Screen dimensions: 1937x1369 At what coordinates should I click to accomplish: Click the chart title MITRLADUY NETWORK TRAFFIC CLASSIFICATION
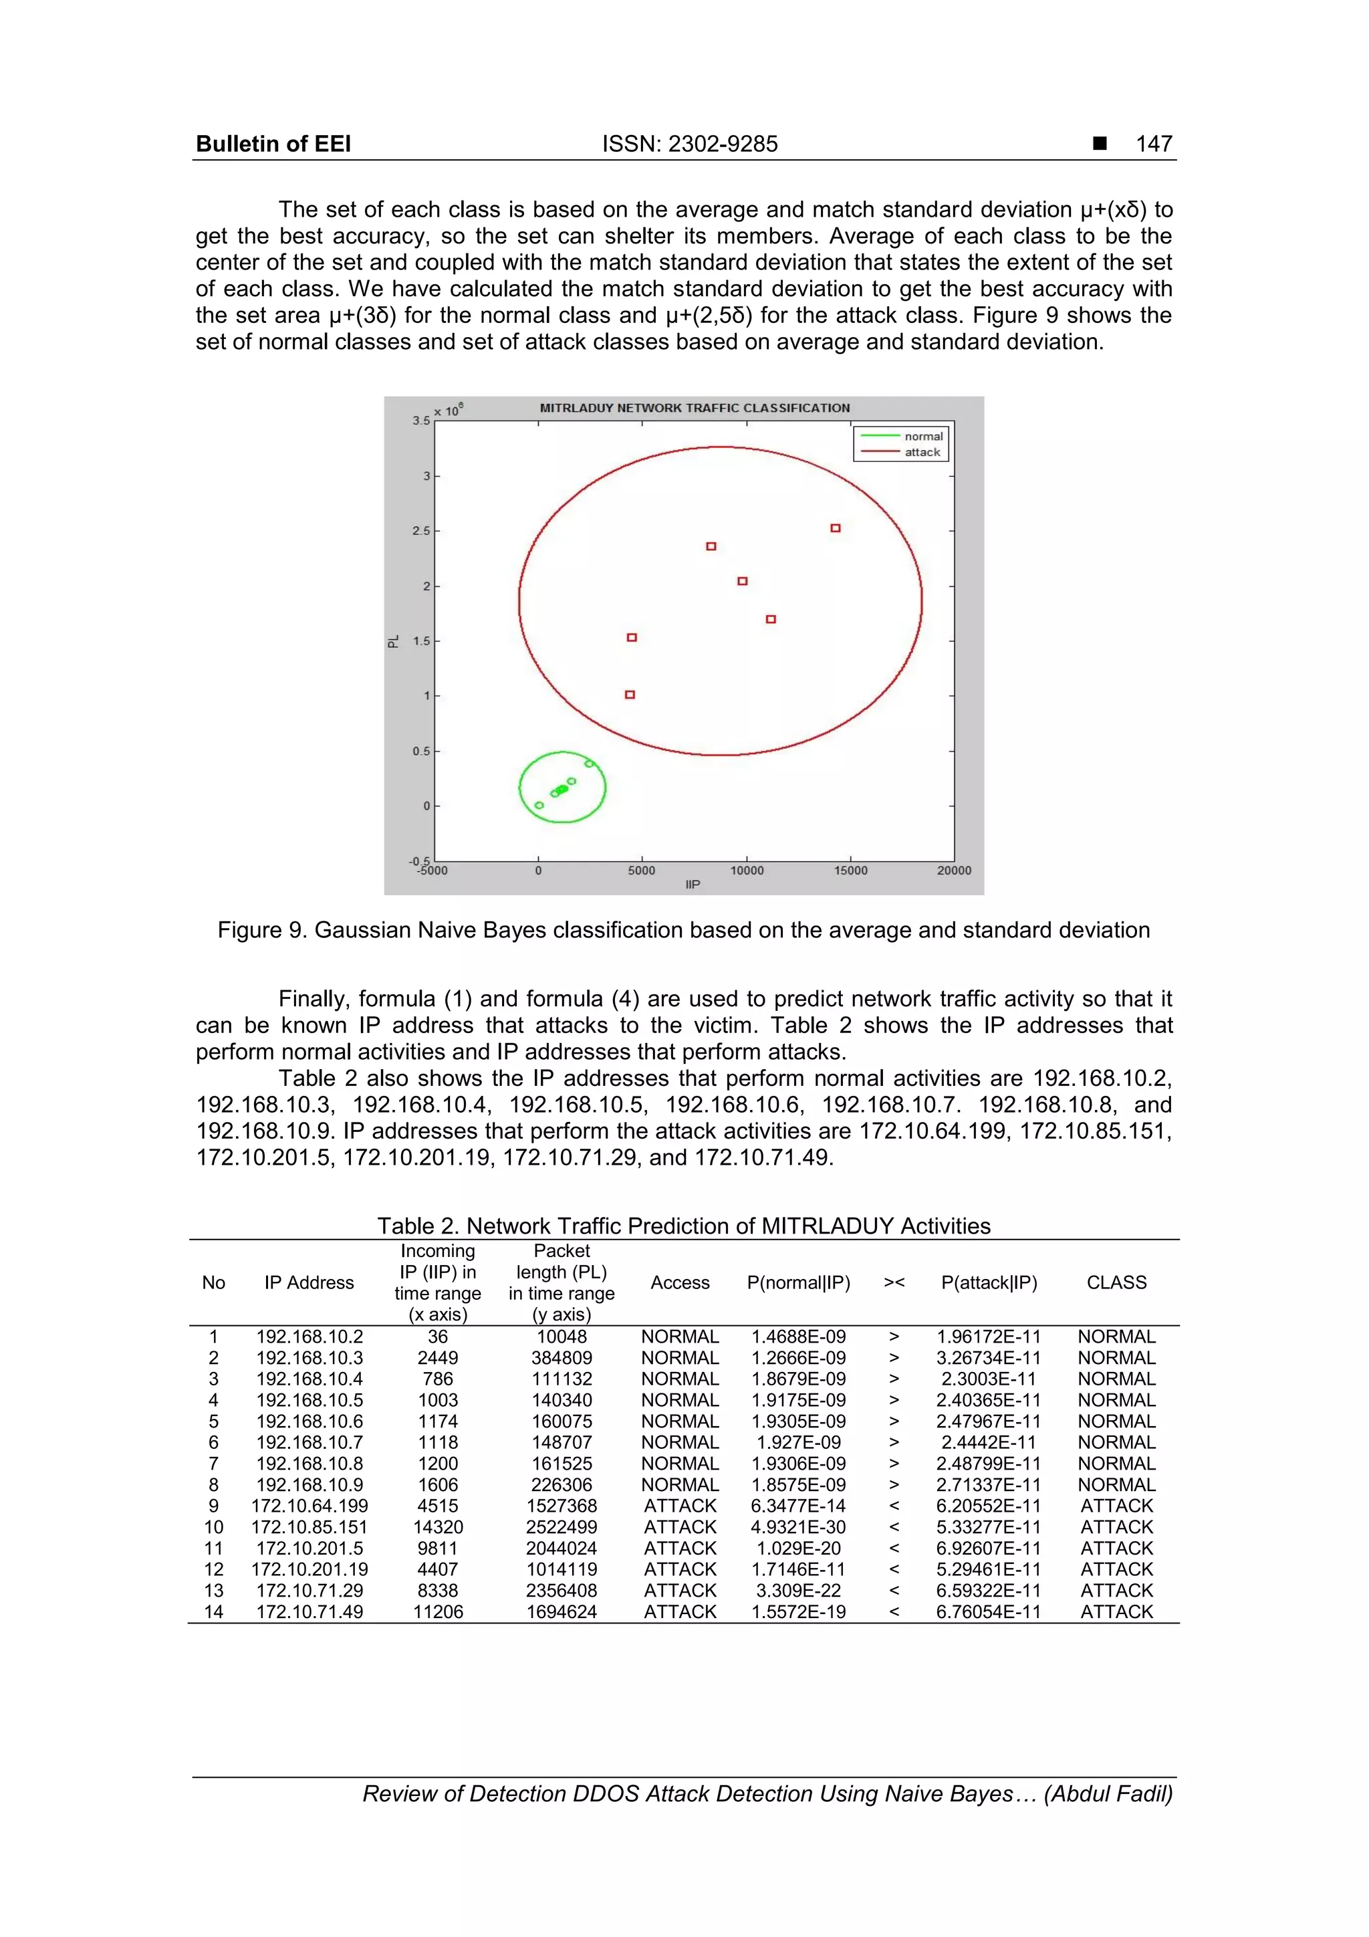click(x=695, y=407)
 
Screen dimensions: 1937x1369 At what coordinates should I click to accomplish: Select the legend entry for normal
click(x=922, y=436)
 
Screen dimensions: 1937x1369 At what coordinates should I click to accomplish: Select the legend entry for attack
click(x=922, y=452)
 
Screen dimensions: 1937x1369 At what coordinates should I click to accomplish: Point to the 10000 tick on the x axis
click(x=747, y=871)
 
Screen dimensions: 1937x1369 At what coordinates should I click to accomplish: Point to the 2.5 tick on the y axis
click(x=421, y=531)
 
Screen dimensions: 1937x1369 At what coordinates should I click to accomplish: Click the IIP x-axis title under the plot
click(x=693, y=884)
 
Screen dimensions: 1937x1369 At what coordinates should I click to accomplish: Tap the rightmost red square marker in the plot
click(x=835, y=528)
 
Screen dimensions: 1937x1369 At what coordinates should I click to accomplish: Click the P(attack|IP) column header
click(x=989, y=1282)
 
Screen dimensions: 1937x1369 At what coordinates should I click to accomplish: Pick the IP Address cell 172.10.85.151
click(x=309, y=1527)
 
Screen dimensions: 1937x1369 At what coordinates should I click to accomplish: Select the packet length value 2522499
click(x=562, y=1527)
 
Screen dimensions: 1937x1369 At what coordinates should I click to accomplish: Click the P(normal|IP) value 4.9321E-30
click(x=798, y=1527)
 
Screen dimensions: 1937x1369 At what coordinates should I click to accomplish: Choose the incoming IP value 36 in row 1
click(x=438, y=1337)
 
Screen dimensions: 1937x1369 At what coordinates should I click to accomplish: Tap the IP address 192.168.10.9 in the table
click(x=309, y=1485)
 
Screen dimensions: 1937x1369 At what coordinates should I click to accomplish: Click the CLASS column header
click(x=1116, y=1282)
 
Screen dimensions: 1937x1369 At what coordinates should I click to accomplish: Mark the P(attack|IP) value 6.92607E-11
click(x=989, y=1548)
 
